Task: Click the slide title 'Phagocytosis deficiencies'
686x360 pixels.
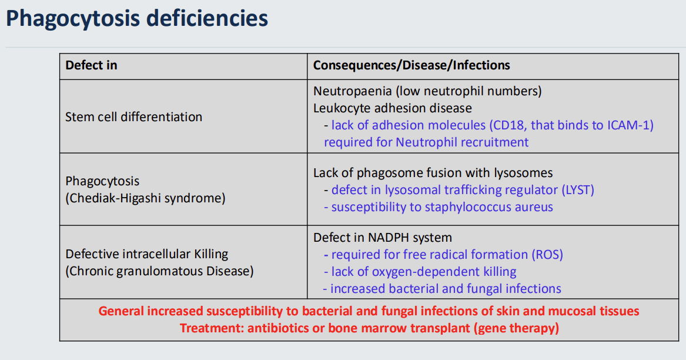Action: [137, 18]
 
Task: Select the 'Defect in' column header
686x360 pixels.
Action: [91, 65]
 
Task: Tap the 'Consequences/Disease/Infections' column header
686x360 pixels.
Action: [411, 65]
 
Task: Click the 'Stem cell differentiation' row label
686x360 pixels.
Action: [133, 116]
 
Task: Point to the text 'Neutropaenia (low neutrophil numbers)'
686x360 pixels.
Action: [427, 91]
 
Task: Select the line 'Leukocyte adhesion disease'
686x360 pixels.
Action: [392, 108]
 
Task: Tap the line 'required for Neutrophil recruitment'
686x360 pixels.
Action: [426, 142]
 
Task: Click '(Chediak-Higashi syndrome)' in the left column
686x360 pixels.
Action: [145, 198]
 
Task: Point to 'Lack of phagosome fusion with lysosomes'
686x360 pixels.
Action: [433, 173]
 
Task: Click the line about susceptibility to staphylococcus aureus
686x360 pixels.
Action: [441, 207]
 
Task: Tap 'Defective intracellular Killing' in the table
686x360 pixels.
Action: [146, 254]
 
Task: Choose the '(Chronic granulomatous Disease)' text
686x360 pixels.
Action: [159, 271]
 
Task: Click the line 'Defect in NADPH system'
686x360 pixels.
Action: [383, 238]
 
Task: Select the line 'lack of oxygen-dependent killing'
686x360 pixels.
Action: [423, 272]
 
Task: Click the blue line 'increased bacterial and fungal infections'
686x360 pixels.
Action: [446, 289]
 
